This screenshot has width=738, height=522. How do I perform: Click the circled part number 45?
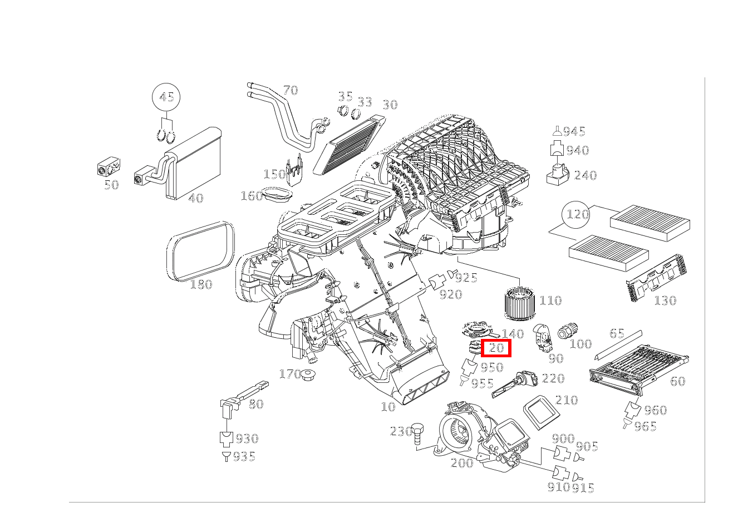[x=166, y=97]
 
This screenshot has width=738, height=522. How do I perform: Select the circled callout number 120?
[x=577, y=214]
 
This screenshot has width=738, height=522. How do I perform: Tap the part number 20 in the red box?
[x=496, y=348]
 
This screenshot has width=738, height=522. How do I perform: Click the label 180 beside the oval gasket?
[x=201, y=284]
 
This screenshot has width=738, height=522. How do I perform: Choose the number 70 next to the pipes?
[x=290, y=90]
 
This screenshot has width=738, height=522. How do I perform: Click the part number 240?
[x=585, y=175]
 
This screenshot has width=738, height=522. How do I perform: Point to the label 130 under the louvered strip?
[x=665, y=301]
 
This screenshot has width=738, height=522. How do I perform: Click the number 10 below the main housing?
[x=388, y=407]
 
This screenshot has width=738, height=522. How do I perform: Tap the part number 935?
[x=244, y=457]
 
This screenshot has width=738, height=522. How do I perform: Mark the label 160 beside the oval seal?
[x=251, y=196]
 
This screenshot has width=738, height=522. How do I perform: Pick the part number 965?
[x=645, y=426]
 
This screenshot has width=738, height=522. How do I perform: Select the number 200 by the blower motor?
[x=462, y=462]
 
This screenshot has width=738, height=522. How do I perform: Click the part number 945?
[x=574, y=131]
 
